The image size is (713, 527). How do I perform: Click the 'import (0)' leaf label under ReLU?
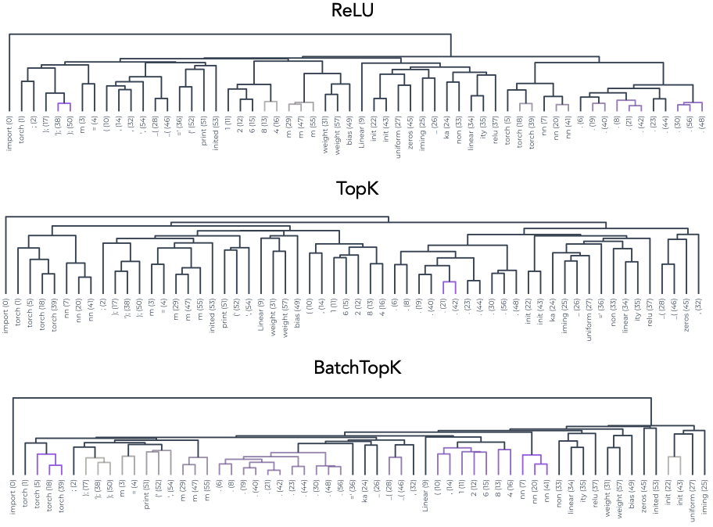pos(9,131)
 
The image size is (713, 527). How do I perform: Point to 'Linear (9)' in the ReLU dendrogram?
pos(362,130)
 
